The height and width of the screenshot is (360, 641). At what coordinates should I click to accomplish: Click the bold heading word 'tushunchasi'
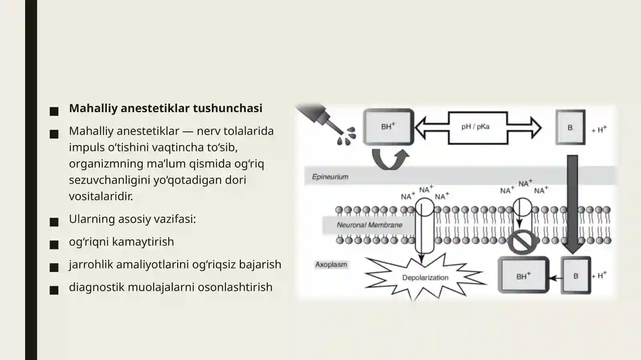(228, 108)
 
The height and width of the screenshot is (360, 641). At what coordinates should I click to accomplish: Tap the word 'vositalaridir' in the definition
(101, 196)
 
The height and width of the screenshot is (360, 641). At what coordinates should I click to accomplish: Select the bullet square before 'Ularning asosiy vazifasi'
(54, 222)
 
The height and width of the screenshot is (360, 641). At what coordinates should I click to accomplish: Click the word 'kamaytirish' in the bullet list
(143, 241)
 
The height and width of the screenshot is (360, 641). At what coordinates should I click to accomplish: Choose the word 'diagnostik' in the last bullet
(97, 288)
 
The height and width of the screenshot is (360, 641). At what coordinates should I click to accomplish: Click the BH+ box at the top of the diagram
(389, 127)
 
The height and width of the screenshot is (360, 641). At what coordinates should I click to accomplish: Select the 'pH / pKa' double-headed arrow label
(475, 127)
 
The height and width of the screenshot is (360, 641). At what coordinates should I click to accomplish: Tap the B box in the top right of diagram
(570, 127)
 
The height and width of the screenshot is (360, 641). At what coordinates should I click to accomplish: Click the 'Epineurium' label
(330, 177)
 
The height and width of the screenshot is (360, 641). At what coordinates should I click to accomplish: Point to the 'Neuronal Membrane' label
(369, 225)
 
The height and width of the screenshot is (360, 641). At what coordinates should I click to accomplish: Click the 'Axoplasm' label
(331, 265)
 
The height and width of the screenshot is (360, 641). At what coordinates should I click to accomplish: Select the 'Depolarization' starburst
(425, 278)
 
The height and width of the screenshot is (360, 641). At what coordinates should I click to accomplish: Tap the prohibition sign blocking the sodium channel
(522, 242)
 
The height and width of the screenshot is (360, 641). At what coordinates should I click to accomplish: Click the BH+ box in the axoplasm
(523, 275)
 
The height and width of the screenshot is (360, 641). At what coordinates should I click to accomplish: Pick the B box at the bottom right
(576, 276)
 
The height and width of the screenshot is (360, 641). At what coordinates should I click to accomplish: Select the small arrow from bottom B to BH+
(555, 278)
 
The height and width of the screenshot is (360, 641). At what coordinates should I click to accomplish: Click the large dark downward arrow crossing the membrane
(572, 205)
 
